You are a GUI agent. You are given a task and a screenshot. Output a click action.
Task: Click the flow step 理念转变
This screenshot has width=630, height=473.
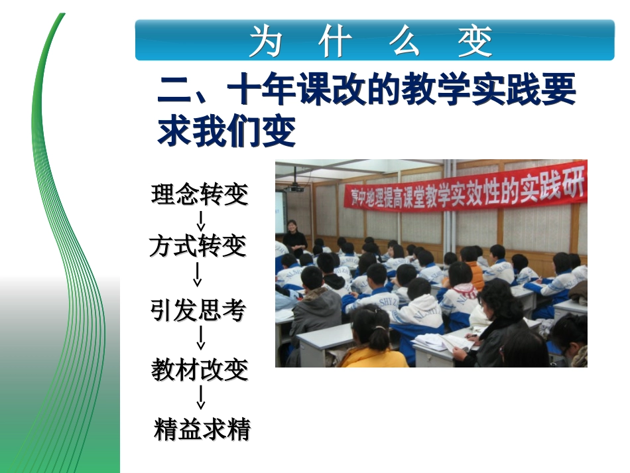tap(200, 194)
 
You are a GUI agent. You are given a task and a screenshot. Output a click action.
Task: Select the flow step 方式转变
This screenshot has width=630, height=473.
tap(198, 247)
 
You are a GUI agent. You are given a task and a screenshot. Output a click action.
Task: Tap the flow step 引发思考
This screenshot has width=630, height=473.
tap(198, 310)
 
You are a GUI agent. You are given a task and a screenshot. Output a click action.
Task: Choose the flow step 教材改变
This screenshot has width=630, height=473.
tap(200, 370)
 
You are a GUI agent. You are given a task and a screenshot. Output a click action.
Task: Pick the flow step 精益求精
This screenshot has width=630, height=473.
tap(202, 430)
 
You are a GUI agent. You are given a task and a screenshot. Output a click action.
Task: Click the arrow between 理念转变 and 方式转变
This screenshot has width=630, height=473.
tap(201, 220)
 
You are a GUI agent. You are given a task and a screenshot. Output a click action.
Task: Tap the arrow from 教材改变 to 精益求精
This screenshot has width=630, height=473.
tap(201, 398)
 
